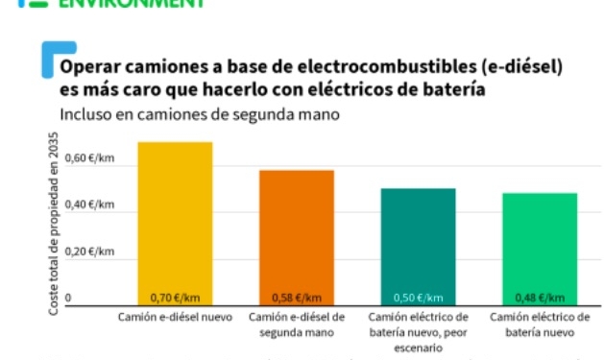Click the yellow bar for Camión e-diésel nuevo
(x=175, y=221)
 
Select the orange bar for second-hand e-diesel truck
(x=297, y=235)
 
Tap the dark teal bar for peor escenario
(x=418, y=245)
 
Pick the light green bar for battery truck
(x=540, y=247)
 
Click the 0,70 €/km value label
(x=175, y=298)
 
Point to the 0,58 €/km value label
(x=297, y=298)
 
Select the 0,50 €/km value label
(x=418, y=298)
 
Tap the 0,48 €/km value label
(x=540, y=298)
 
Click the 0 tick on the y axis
(x=68, y=298)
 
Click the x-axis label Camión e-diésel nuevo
(x=175, y=317)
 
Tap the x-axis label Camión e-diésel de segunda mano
(x=297, y=324)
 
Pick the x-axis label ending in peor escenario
(x=418, y=332)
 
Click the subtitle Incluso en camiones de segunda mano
(x=200, y=114)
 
